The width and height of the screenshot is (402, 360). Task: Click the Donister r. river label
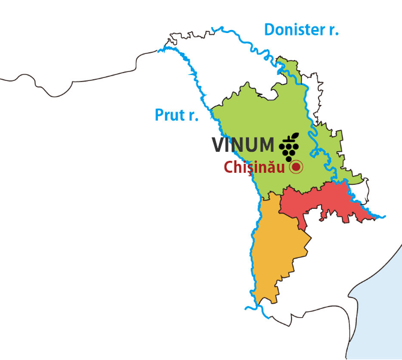coord(301,29)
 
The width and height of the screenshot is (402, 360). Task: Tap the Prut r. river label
coord(176,115)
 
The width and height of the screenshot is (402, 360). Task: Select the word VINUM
coord(242,145)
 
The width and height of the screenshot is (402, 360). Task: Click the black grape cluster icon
coord(290,146)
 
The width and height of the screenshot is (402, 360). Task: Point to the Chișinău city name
coord(254,167)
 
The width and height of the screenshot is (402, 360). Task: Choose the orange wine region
coord(276,252)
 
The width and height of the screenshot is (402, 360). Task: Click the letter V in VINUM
coord(218,145)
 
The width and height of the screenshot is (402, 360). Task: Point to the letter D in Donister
coord(270,29)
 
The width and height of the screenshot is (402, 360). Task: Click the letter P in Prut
coord(160,115)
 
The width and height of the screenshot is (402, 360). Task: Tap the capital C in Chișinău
coord(229,167)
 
